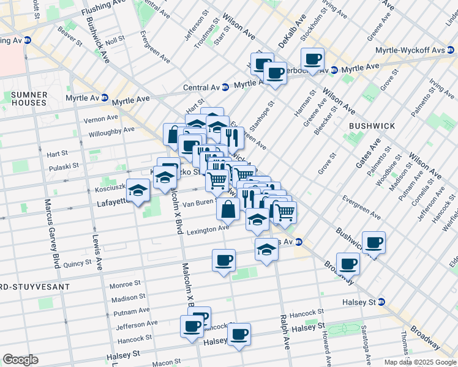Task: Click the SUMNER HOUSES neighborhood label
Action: coord(29,98)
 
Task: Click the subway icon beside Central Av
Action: coord(225,87)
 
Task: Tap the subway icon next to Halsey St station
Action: coord(381,302)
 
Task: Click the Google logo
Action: coord(20,360)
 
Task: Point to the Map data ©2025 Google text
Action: coord(420,362)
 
